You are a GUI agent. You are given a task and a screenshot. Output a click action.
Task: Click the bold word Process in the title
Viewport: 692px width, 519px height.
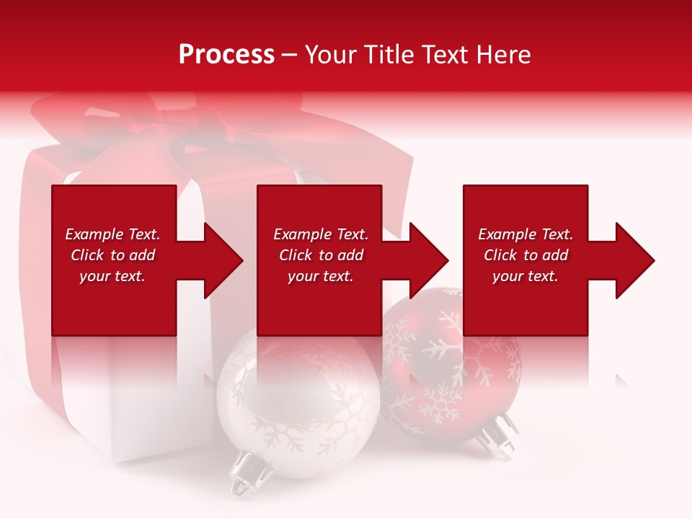[x=226, y=55]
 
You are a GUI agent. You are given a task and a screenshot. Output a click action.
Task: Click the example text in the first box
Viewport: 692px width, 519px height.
[x=112, y=255]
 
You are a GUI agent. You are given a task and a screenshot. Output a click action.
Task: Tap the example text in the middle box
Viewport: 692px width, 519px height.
[x=320, y=255]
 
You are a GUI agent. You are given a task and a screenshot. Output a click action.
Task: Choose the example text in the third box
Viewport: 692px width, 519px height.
[x=525, y=255]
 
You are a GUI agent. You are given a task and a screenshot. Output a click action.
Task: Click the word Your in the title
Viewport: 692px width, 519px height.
[x=331, y=55]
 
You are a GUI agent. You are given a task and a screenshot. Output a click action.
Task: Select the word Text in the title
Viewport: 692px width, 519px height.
[x=445, y=55]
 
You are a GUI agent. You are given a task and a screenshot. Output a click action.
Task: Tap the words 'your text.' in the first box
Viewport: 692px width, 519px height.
[x=112, y=276]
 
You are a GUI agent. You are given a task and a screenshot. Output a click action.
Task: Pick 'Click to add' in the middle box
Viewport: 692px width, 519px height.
[x=320, y=255]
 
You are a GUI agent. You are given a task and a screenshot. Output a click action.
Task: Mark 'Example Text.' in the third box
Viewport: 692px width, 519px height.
[x=525, y=234]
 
